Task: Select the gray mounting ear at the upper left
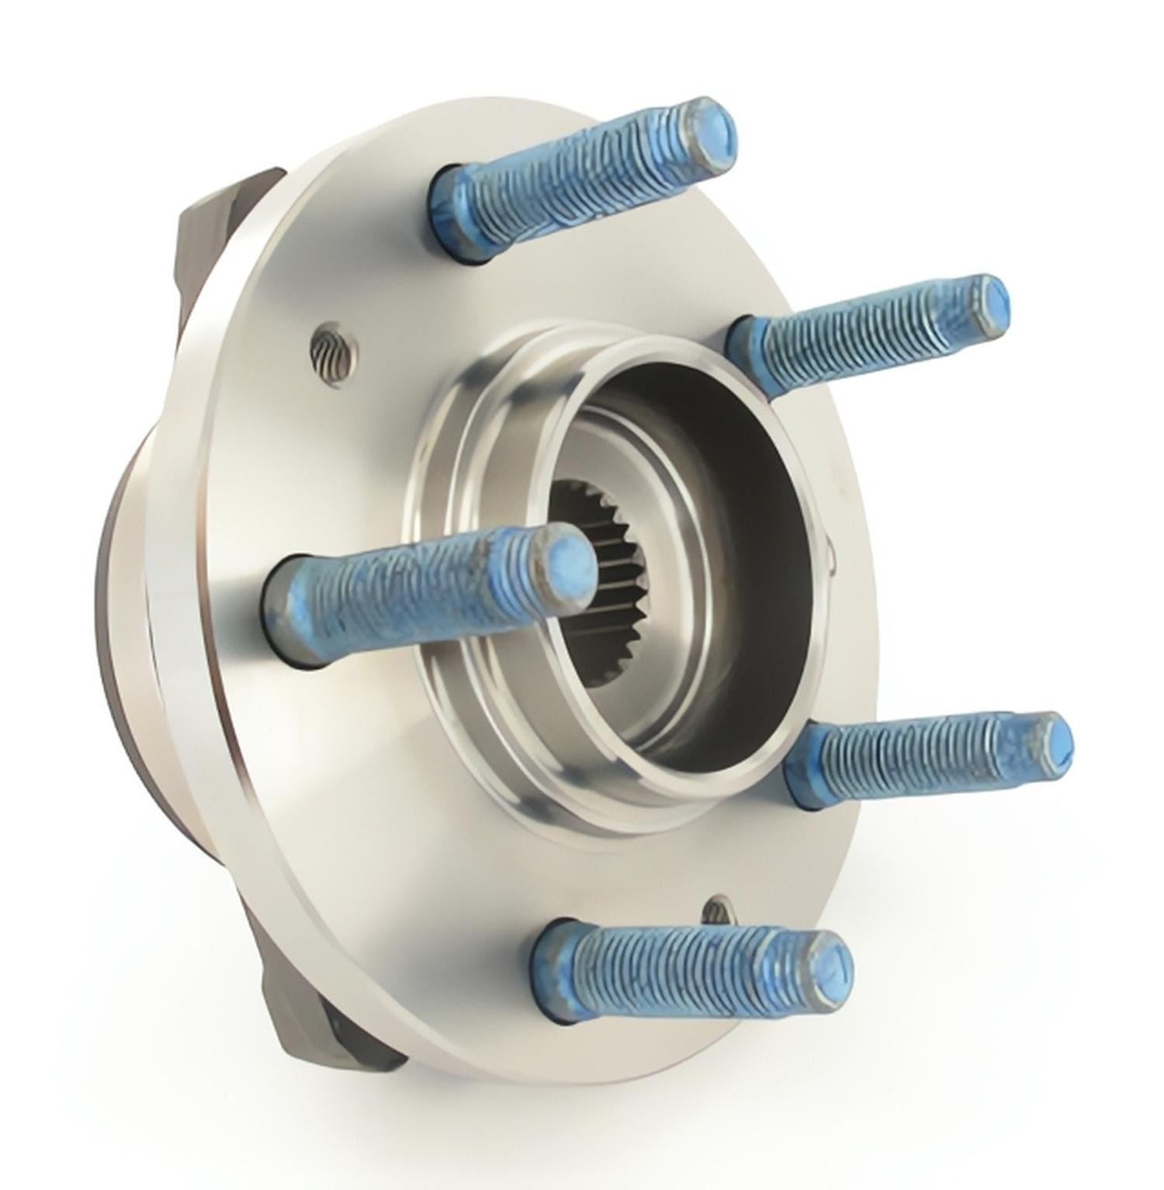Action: [x=225, y=225]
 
